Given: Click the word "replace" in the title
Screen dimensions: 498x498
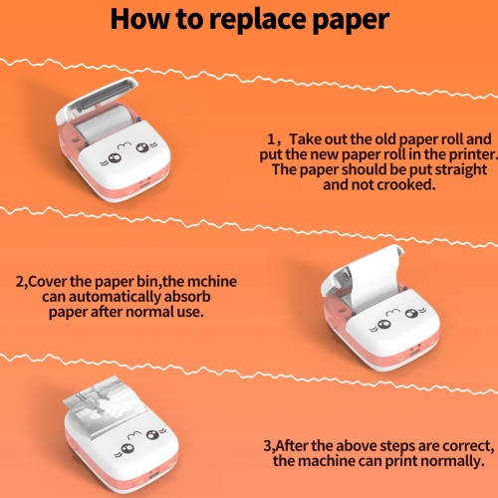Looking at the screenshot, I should pyautogui.click(x=253, y=19).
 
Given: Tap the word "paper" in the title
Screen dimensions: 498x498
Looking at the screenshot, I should pyautogui.click(x=347, y=19).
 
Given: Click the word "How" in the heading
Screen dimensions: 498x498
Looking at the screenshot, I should pyautogui.click(x=141, y=19).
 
